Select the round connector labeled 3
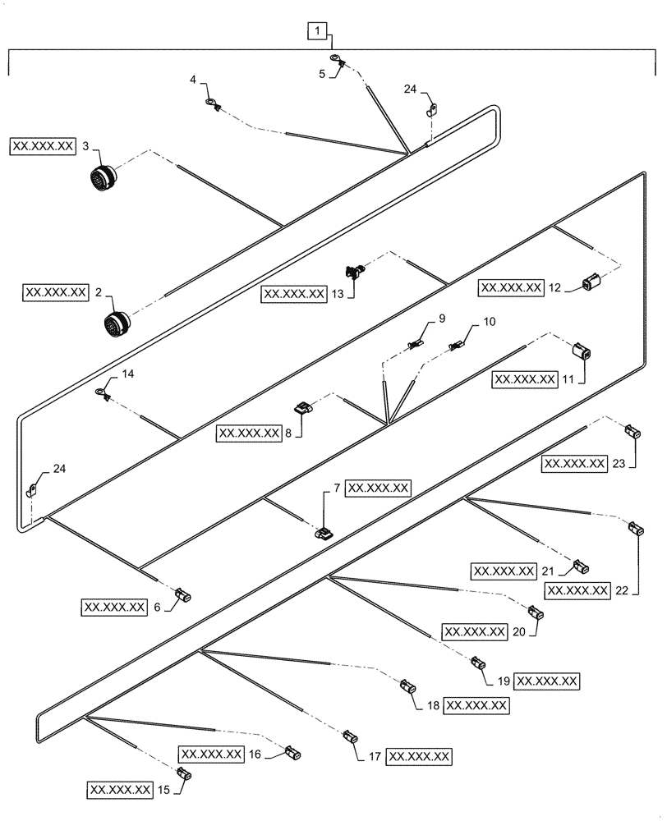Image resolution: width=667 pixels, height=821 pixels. [103, 178]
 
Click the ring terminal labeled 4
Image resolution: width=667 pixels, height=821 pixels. [212, 105]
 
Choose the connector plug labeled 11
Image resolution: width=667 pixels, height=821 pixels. [582, 354]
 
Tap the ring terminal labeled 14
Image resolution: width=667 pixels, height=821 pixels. [103, 393]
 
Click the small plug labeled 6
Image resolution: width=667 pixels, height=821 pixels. [185, 594]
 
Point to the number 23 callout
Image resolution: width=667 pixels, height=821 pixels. [619, 464]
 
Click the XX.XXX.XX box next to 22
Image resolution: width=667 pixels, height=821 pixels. [577, 590]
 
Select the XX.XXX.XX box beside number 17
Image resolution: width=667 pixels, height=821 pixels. [419, 755]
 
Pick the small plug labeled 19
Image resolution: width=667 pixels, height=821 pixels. [477, 662]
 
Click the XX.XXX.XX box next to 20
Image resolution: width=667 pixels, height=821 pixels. [473, 631]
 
